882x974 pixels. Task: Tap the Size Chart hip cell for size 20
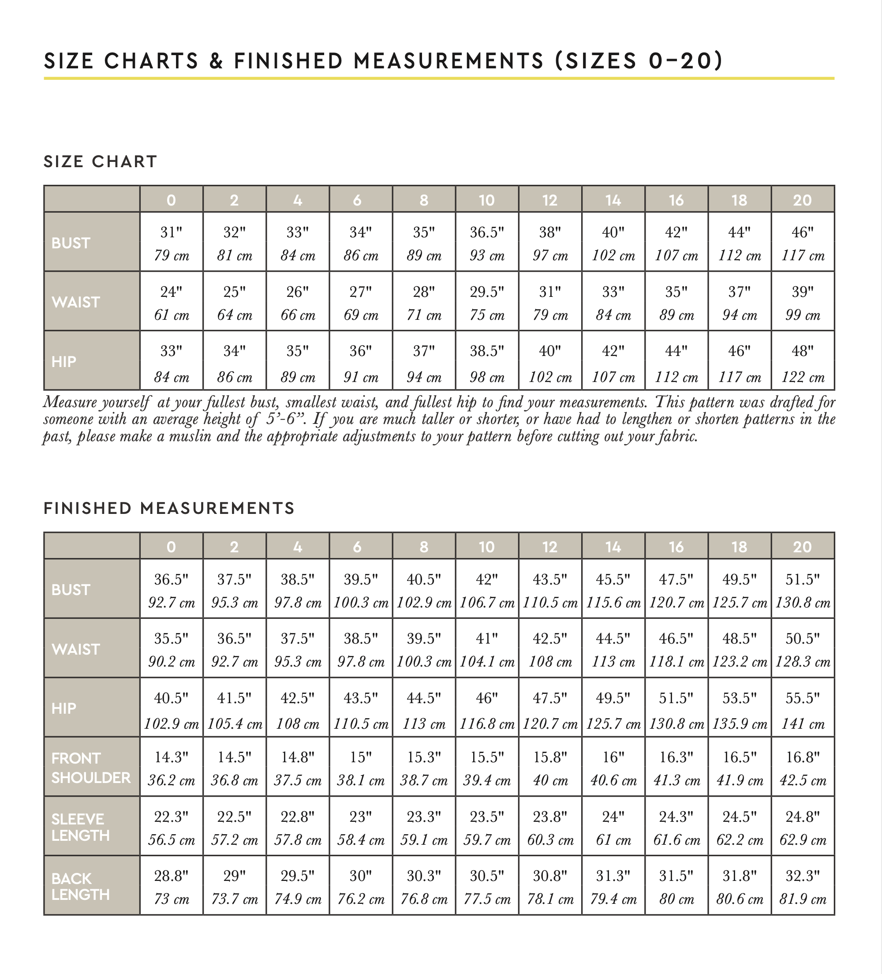[802, 362]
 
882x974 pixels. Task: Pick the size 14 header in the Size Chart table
[613, 200]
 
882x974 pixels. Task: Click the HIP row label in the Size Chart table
[64, 362]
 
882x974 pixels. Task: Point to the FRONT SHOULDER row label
[91, 768]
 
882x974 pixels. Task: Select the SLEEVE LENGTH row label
[80, 827]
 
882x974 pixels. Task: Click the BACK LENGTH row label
[80, 887]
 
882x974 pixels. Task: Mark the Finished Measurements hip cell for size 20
[802, 709]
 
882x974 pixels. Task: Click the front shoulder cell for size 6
[361, 768]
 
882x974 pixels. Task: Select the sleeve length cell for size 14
[613, 827]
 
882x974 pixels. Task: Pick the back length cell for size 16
[676, 887]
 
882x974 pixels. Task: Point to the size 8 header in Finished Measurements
[424, 547]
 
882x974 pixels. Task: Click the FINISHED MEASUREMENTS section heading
[169, 508]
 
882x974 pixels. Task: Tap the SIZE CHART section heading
[101, 161]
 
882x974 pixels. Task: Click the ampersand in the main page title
[216, 61]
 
